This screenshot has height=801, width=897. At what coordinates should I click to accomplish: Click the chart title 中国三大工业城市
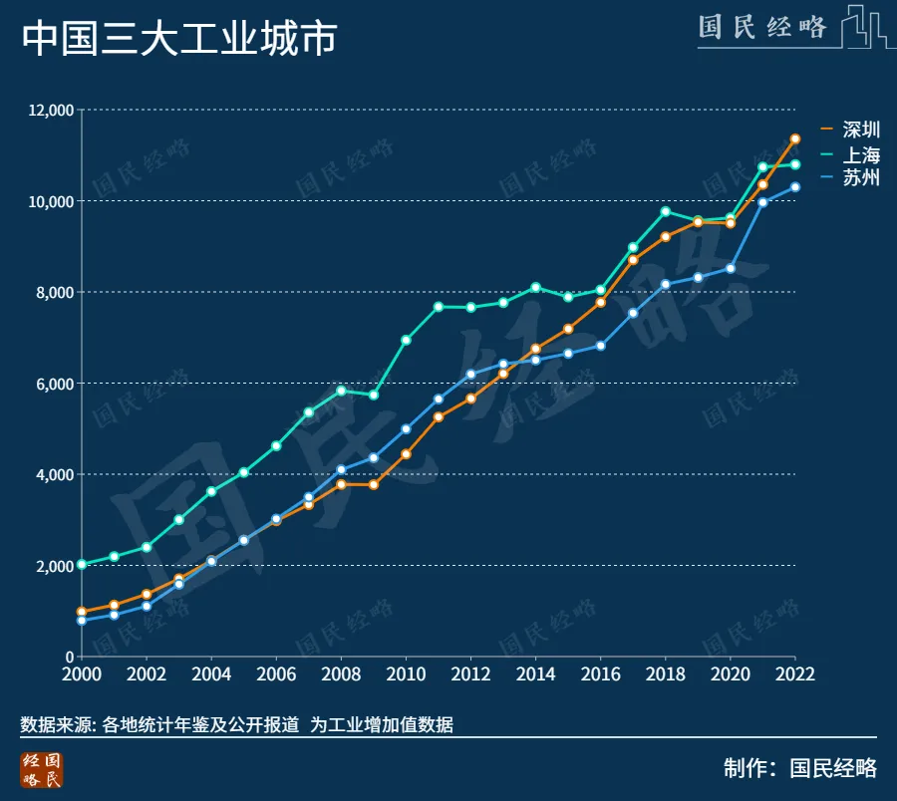pyautogui.click(x=179, y=39)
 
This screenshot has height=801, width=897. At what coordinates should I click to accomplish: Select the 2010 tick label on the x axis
pyautogui.click(x=406, y=673)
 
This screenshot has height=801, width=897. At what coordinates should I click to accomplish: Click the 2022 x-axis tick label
pyautogui.click(x=795, y=673)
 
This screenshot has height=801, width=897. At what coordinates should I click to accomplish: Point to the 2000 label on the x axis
pyautogui.click(x=82, y=673)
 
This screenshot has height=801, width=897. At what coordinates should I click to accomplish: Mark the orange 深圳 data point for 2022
pyautogui.click(x=795, y=138)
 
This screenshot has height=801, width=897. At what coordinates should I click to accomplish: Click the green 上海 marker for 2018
pyautogui.click(x=666, y=211)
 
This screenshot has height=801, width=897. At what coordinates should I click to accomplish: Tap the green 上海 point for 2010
pyautogui.click(x=406, y=340)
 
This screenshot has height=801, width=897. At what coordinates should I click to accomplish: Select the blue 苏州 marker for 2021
pyautogui.click(x=762, y=202)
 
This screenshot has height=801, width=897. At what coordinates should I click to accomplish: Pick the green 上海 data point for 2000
pyautogui.click(x=82, y=564)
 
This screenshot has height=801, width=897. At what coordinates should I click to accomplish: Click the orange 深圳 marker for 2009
pyautogui.click(x=374, y=484)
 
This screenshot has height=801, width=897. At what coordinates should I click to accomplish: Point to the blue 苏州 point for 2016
pyautogui.click(x=601, y=346)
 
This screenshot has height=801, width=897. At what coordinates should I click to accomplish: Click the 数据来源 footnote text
pyautogui.click(x=237, y=725)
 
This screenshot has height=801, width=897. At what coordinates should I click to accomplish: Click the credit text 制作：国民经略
pyautogui.click(x=800, y=768)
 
